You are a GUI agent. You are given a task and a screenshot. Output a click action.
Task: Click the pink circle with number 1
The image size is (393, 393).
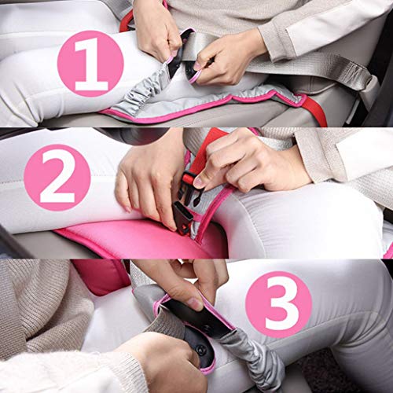pos(90,64)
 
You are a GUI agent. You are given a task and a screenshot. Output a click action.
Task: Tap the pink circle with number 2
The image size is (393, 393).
pos(57,178)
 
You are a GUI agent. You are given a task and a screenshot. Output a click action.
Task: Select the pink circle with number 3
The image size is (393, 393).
pos(279,304)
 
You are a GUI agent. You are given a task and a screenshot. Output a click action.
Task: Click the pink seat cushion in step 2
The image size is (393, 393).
pos(136,240)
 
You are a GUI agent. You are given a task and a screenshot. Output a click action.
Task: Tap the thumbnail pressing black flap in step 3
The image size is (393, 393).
pos(195,304)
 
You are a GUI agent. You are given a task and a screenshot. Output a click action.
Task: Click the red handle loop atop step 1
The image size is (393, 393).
pos(127,22)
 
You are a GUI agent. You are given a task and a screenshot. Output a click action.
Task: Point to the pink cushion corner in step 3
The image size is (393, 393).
pos(102,277)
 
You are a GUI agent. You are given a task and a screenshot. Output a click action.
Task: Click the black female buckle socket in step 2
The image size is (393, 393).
pos(182,219)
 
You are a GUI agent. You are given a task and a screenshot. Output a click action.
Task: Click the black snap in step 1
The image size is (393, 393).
pos(189,70)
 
